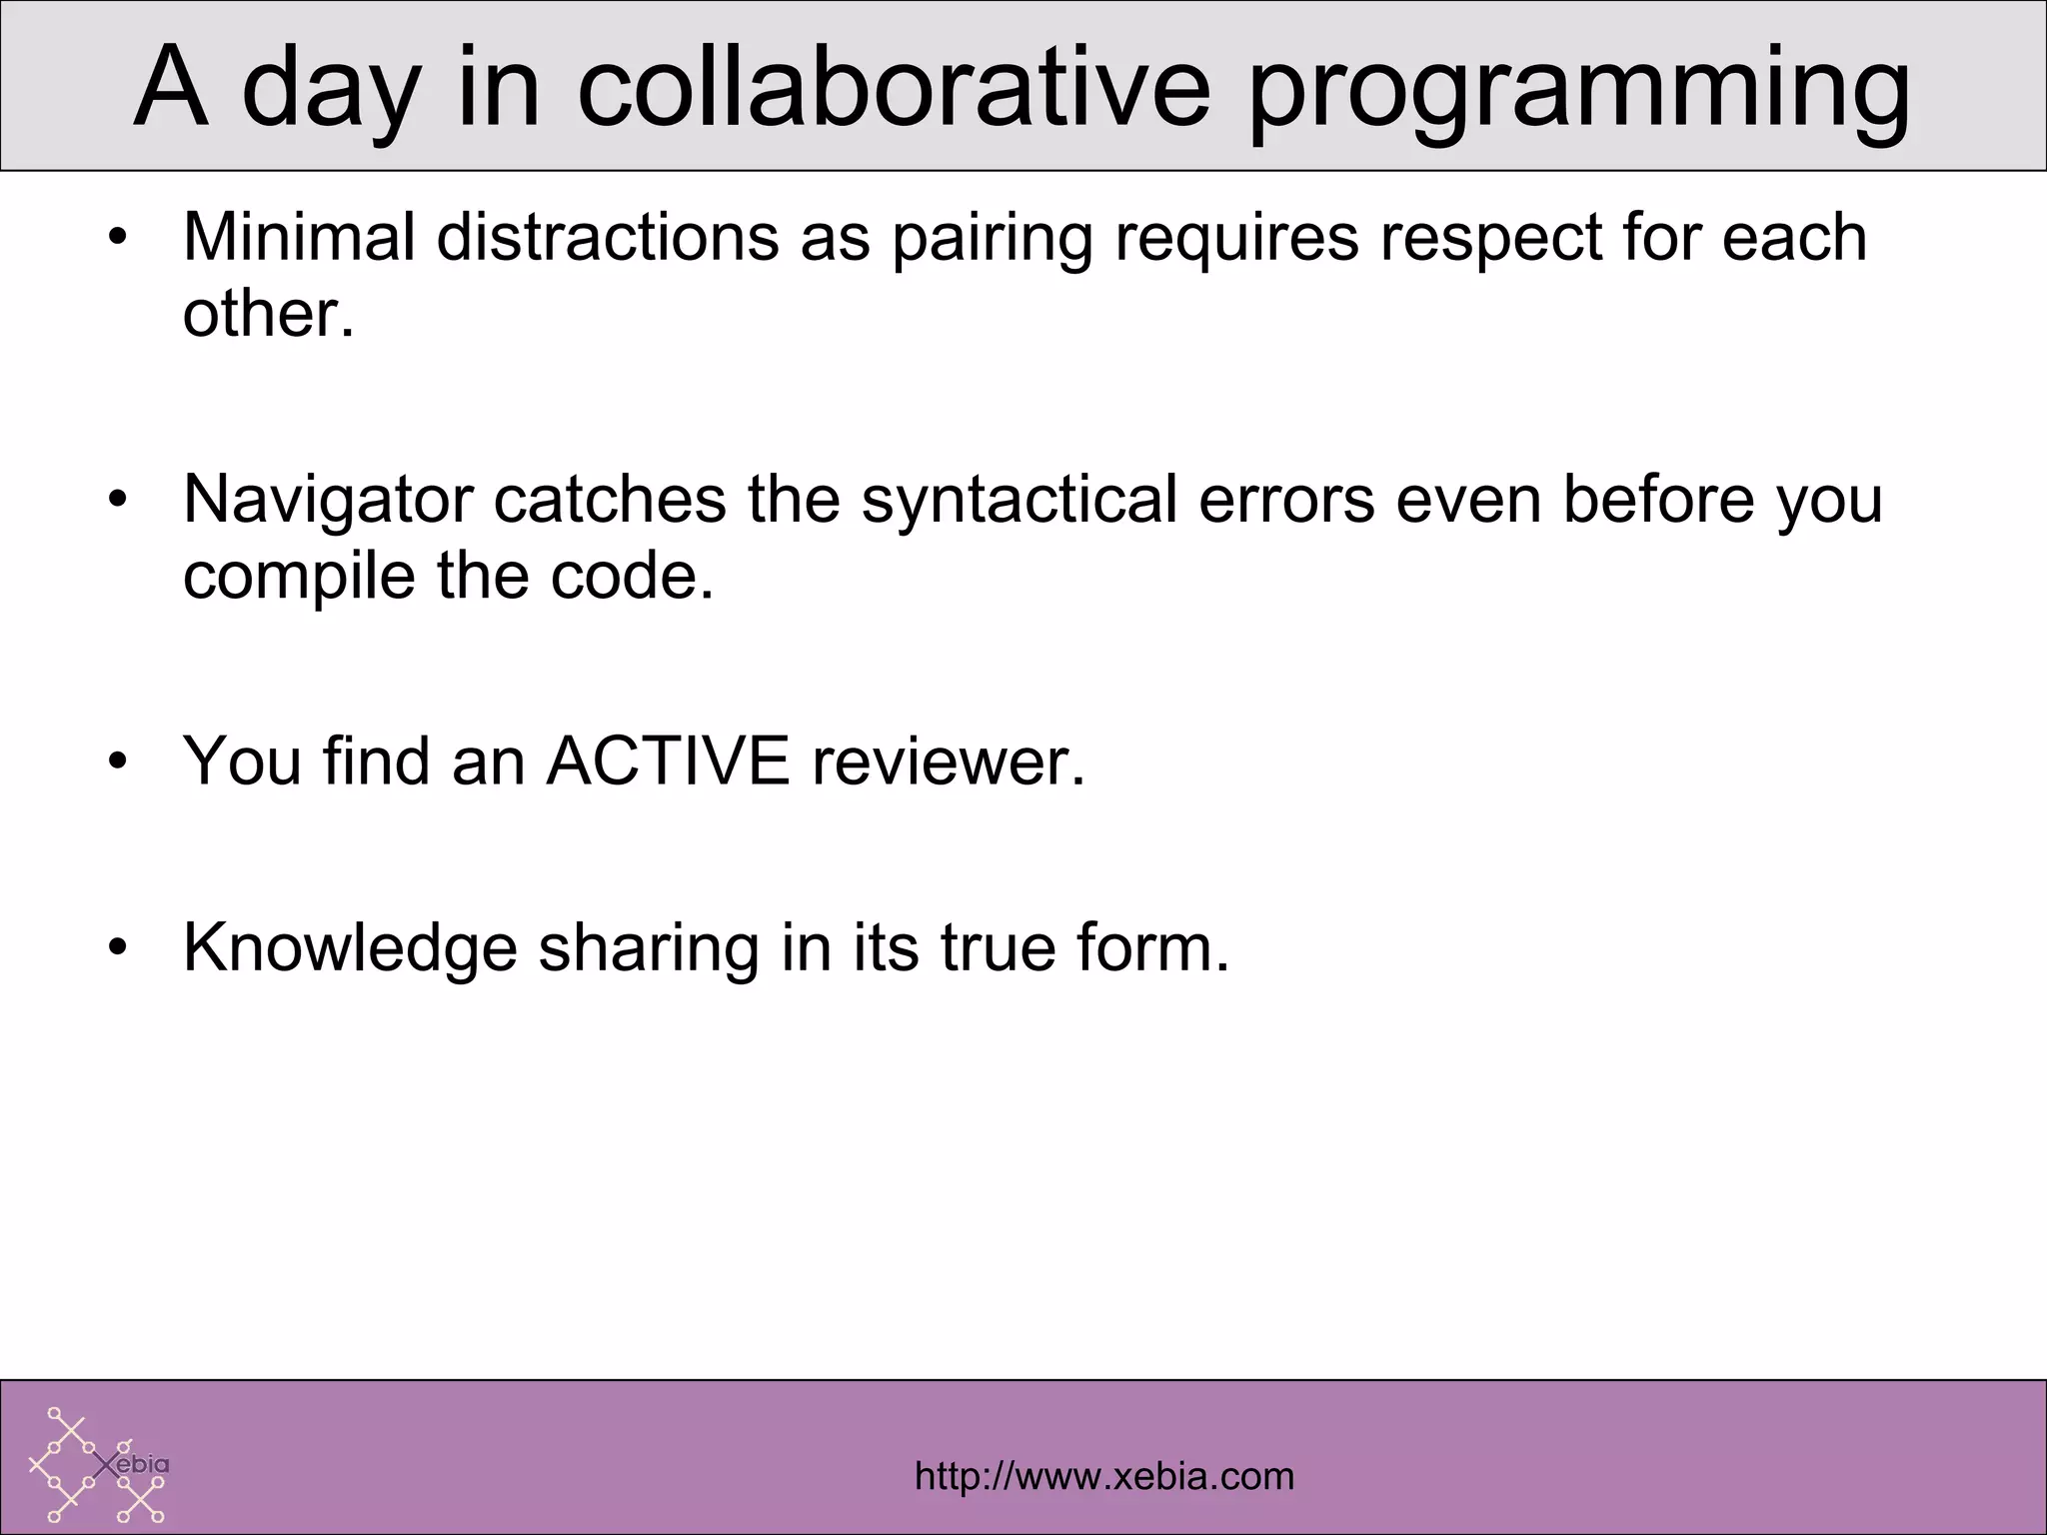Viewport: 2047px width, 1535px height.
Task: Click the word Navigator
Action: pyautogui.click(x=328, y=501)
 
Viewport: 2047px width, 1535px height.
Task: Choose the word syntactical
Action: pyautogui.click(x=1019, y=501)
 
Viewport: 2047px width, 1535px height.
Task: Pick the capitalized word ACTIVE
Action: pyautogui.click(x=668, y=762)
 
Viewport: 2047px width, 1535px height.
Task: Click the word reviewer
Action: pyautogui.click(x=948, y=762)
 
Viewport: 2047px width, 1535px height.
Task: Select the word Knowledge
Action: pyautogui.click(x=350, y=948)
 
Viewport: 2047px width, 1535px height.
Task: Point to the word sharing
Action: pyautogui.click(x=648, y=948)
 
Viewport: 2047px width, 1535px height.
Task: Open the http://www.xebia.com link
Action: pyautogui.click(x=1104, y=1477)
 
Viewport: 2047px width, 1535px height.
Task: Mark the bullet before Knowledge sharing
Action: pyautogui.click(x=119, y=948)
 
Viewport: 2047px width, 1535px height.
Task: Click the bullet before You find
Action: pyautogui.click(x=119, y=763)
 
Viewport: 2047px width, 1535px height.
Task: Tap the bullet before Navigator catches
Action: pyautogui.click(x=119, y=500)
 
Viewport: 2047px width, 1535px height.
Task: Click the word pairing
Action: pyautogui.click(x=992, y=241)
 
